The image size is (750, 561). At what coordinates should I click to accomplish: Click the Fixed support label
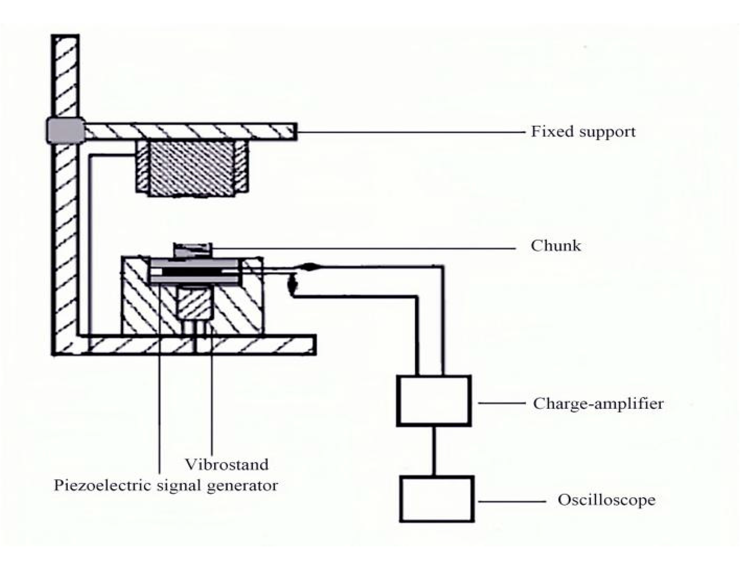(x=583, y=132)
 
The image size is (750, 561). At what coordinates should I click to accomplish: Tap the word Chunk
(x=556, y=246)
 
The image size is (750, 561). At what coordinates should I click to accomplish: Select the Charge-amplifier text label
(x=598, y=403)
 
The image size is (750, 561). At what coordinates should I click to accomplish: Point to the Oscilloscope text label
(x=607, y=500)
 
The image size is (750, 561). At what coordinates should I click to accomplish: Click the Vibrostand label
(x=226, y=464)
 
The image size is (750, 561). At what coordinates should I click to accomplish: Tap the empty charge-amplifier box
(x=434, y=401)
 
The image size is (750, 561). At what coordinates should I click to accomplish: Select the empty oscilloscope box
(x=437, y=499)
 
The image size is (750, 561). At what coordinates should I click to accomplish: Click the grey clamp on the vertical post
(x=65, y=131)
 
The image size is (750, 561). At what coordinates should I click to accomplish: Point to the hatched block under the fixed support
(x=191, y=168)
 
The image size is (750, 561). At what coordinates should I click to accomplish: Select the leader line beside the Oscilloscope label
(x=512, y=502)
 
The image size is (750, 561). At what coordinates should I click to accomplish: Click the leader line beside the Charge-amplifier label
(x=502, y=403)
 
